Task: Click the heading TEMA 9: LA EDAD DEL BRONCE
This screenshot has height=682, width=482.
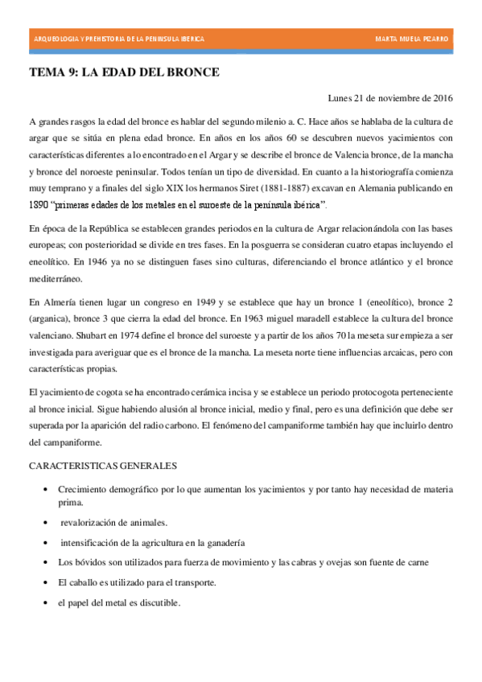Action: (124, 72)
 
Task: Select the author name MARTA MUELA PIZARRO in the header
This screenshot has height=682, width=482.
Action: (413, 39)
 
